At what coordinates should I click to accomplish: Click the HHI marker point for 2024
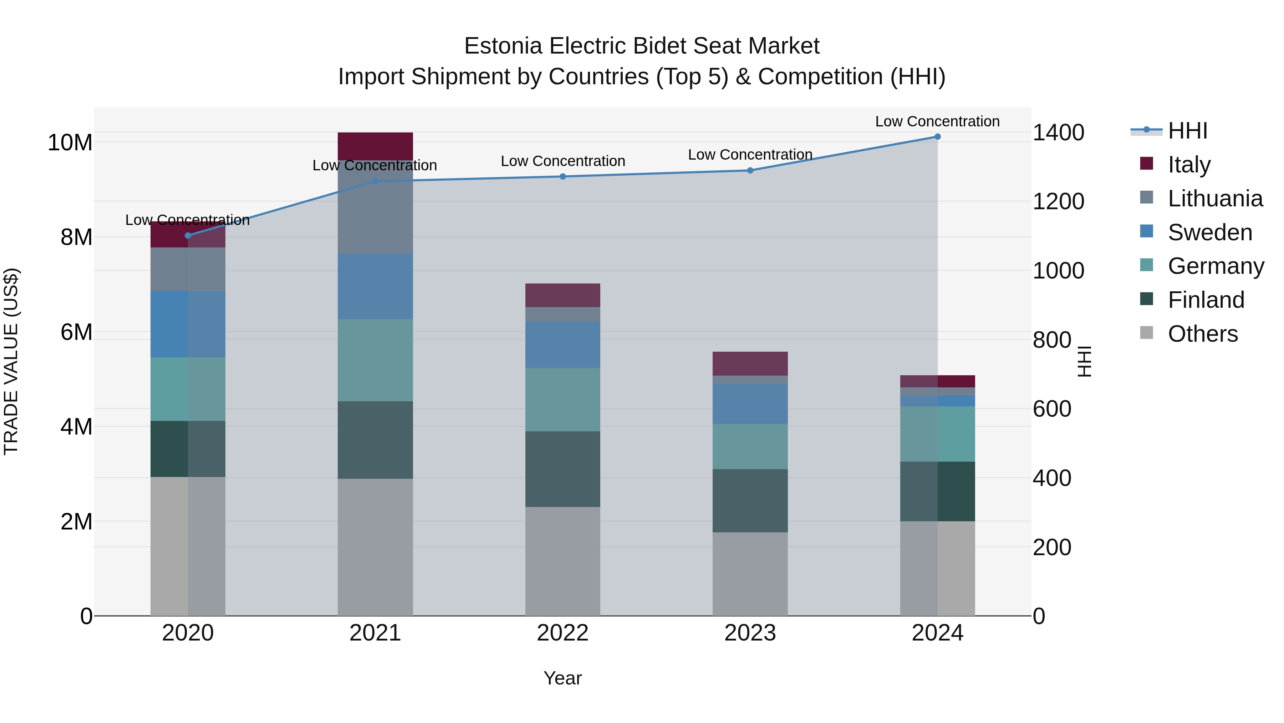click(937, 137)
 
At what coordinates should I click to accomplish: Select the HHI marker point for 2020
click(188, 236)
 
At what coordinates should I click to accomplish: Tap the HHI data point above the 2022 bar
click(563, 177)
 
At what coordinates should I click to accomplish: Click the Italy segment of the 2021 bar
click(375, 146)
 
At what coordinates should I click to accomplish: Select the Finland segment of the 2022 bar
click(563, 469)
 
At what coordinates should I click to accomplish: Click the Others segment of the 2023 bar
click(750, 574)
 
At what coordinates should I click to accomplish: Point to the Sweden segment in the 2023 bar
click(750, 404)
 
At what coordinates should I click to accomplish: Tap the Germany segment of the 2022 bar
click(563, 400)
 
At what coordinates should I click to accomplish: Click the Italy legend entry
click(1189, 165)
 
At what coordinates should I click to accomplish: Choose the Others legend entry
click(1202, 334)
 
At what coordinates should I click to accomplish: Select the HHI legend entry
click(1187, 131)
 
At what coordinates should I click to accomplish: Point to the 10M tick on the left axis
click(70, 143)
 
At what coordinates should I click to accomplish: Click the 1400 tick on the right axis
click(1058, 133)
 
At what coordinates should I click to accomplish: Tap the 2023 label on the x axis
click(750, 633)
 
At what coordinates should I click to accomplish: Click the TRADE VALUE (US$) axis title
click(11, 361)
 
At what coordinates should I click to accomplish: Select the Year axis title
click(563, 678)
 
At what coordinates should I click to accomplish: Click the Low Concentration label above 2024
click(937, 121)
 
